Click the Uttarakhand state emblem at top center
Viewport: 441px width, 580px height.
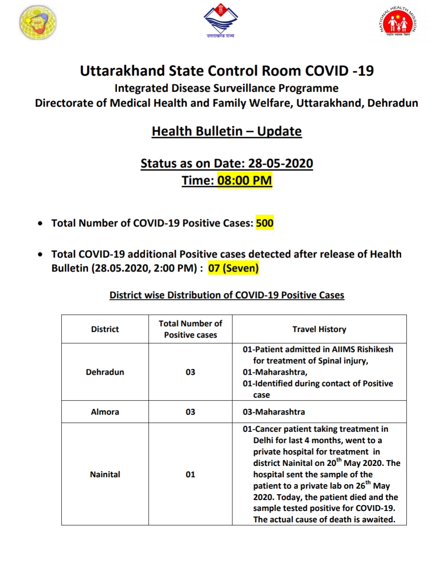point(220,20)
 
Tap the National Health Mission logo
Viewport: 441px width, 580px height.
point(398,22)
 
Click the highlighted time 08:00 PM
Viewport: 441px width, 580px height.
point(245,180)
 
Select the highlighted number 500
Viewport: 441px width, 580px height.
point(265,223)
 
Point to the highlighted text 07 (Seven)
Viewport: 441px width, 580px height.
point(233,268)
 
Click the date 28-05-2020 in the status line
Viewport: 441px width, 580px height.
point(280,163)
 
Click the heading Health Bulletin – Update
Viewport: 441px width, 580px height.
point(227,131)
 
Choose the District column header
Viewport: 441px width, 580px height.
point(105,329)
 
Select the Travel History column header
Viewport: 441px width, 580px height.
point(319,329)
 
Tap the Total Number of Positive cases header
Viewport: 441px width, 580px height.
point(190,329)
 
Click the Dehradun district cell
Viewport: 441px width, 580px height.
point(105,372)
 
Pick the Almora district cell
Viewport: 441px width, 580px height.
point(105,412)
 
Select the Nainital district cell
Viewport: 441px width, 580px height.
point(105,474)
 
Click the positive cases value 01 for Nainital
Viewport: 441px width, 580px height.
point(190,474)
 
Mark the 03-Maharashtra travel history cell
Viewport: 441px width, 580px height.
point(274,412)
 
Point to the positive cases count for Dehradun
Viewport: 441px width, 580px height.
point(190,372)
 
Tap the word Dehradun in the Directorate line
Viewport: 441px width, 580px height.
point(392,103)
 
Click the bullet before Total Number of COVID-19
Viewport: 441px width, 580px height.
point(40,223)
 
